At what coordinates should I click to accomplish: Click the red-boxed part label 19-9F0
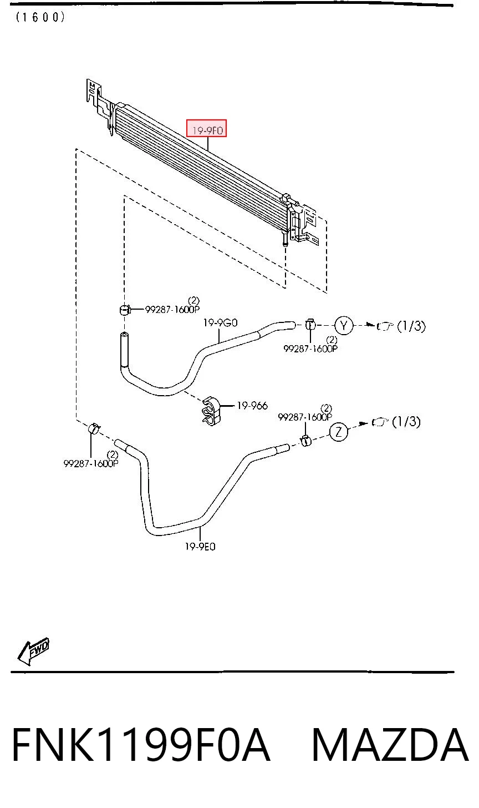point(207,130)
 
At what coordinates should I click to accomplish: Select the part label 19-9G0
point(220,322)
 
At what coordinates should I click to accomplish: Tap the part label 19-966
point(252,406)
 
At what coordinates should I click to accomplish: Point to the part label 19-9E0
point(200,547)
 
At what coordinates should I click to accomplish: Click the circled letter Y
point(344,325)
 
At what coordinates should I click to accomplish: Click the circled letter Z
point(339,431)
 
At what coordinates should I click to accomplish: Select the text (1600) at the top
point(40,17)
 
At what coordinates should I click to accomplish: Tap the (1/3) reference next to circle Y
point(411,326)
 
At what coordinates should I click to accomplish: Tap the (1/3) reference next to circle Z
point(406,421)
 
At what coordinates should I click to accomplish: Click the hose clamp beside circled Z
point(305,441)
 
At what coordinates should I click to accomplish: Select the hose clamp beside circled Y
point(310,325)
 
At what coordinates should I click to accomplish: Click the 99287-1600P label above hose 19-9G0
point(172,310)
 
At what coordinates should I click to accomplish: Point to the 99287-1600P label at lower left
point(91,463)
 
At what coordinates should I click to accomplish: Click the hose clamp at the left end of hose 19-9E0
point(94,429)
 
